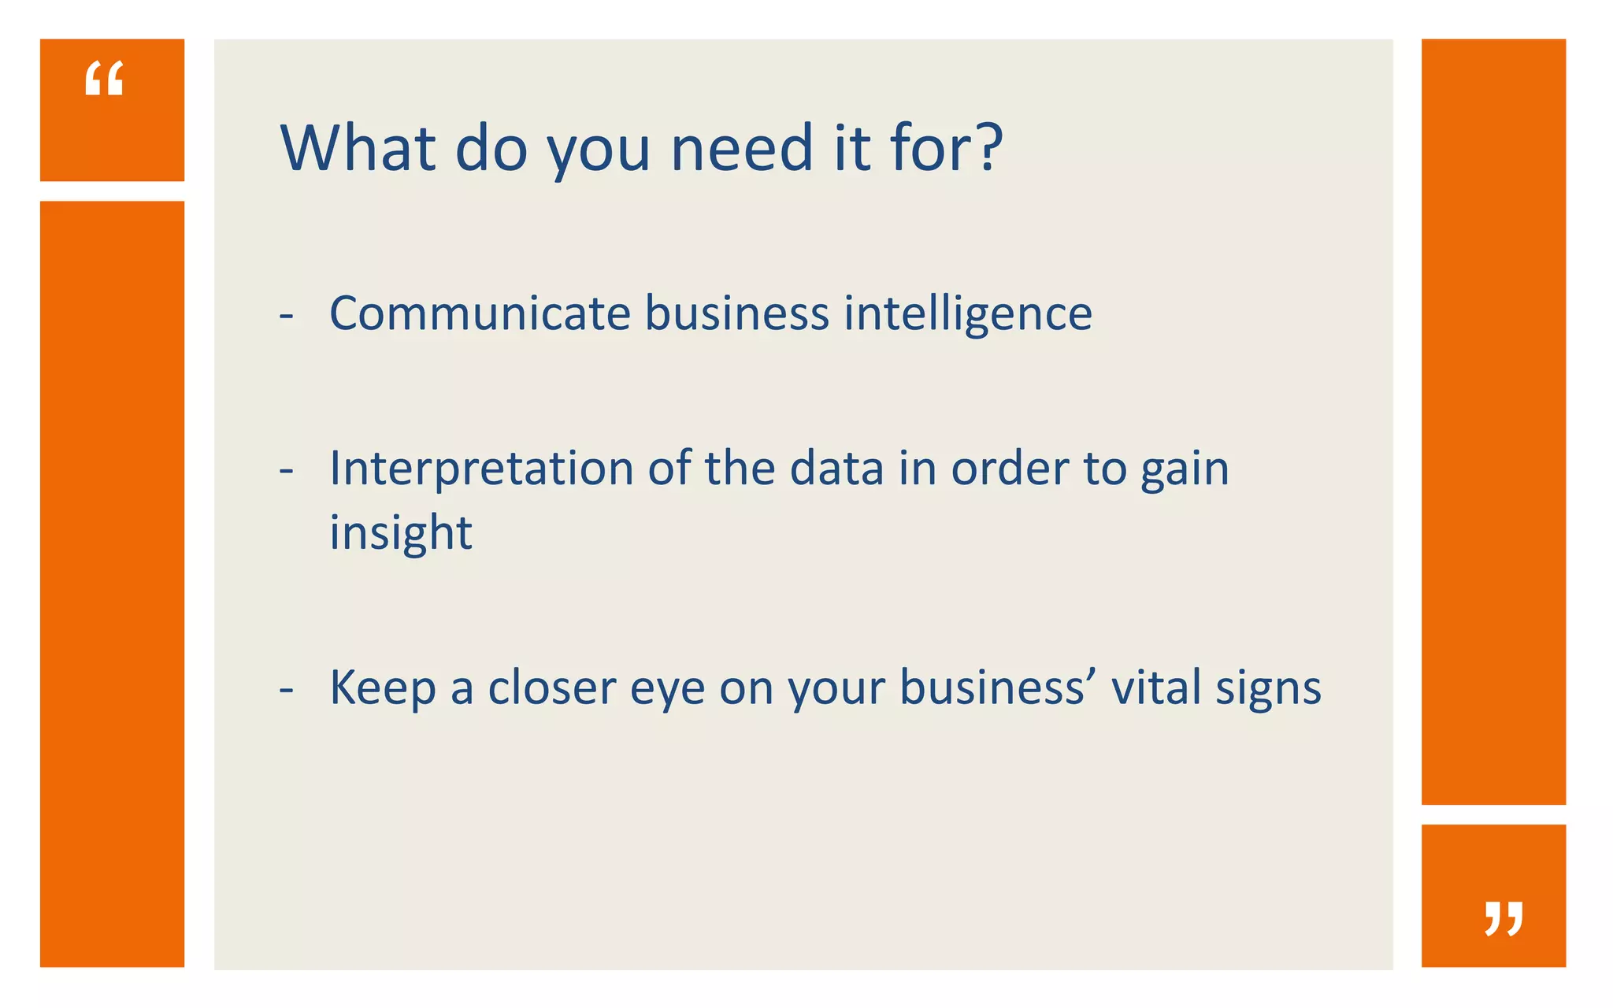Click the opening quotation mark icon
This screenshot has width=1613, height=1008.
click(x=104, y=79)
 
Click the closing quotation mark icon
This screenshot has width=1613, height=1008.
click(x=1504, y=918)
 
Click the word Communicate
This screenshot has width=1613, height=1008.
click(x=480, y=313)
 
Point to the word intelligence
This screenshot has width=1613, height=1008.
click(x=968, y=314)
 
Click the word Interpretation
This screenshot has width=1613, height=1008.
click(x=481, y=469)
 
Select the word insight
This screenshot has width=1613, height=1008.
click(x=400, y=533)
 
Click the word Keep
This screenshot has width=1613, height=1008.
click(x=382, y=687)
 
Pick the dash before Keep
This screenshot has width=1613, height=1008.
click(x=287, y=691)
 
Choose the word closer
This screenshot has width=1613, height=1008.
click(x=551, y=687)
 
